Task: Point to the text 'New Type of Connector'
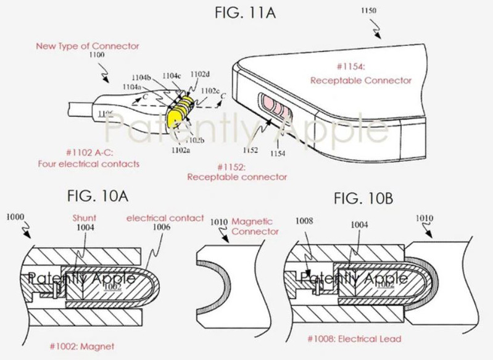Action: (87, 46)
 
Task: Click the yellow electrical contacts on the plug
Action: (181, 113)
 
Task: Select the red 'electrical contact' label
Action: (165, 217)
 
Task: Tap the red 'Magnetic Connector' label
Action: (255, 227)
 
